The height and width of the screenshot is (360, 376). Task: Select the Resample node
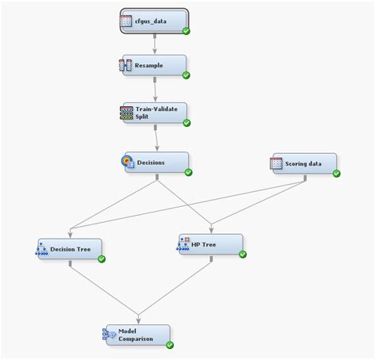(x=154, y=66)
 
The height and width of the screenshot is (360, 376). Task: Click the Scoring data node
(x=303, y=164)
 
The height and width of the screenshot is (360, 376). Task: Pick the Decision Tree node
(x=70, y=249)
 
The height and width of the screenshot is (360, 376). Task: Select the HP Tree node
(x=210, y=244)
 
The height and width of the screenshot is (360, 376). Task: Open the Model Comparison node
(x=137, y=335)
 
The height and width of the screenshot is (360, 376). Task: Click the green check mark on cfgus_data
(x=186, y=31)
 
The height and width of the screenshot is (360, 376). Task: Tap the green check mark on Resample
(x=186, y=75)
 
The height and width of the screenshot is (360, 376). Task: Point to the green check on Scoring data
(x=336, y=173)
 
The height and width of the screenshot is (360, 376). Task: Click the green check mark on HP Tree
(x=243, y=254)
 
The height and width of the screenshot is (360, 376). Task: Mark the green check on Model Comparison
(x=170, y=344)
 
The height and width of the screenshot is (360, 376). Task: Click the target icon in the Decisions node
(x=126, y=161)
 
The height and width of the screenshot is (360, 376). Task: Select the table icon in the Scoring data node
(x=276, y=163)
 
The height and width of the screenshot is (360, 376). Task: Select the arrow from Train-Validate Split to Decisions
(x=156, y=138)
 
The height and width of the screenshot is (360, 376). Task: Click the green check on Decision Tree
(x=102, y=259)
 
